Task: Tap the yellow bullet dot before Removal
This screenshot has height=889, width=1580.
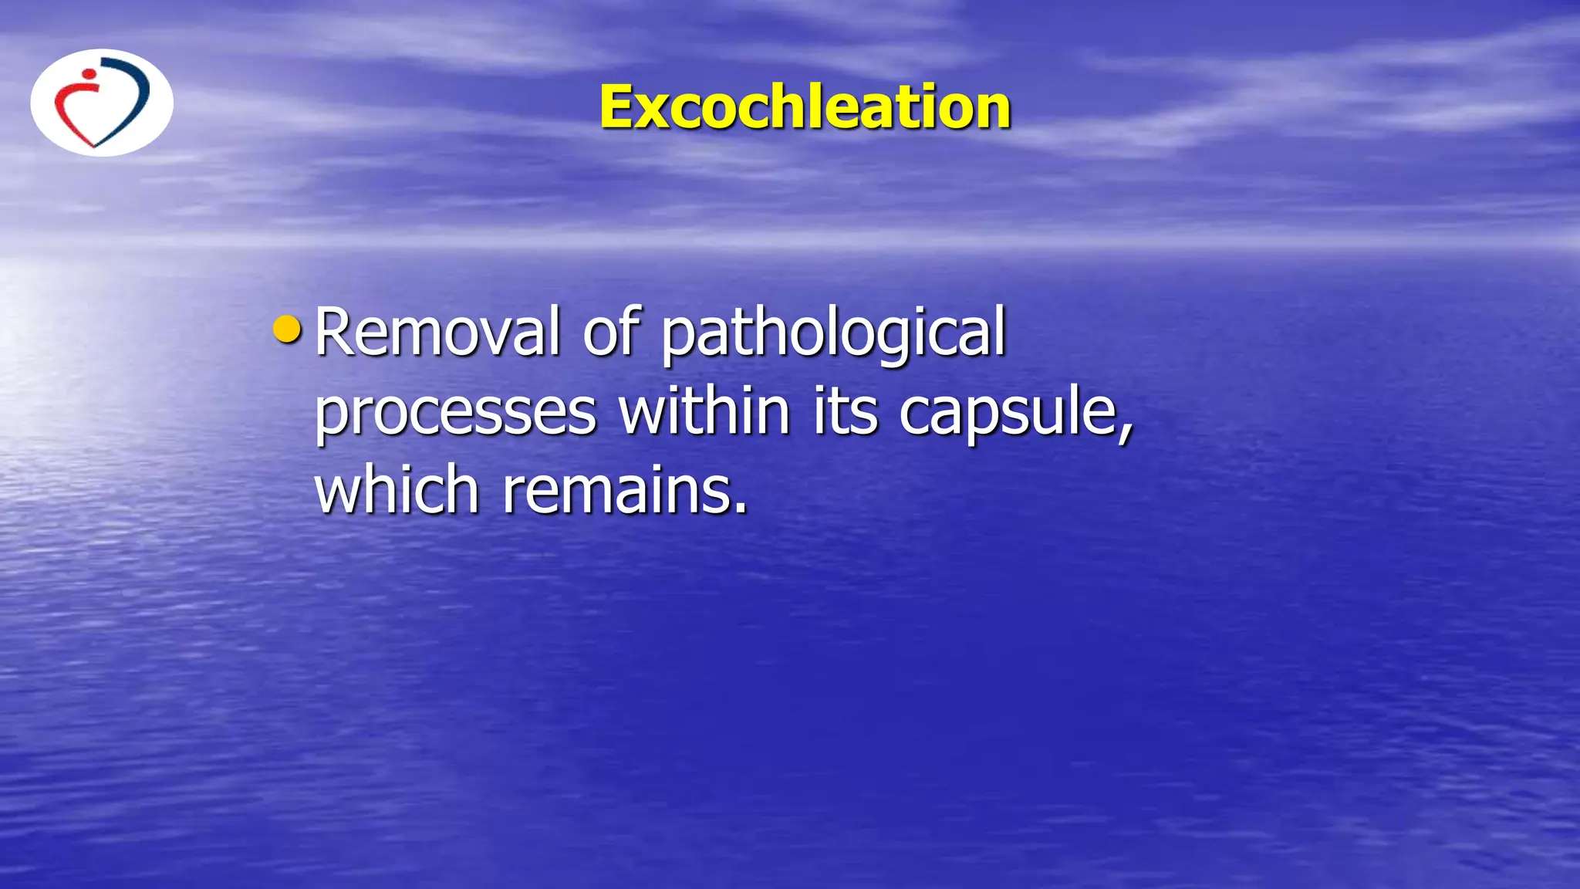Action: pos(287,330)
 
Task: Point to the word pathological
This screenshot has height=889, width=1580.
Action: pos(834,333)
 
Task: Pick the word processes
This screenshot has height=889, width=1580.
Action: pos(455,414)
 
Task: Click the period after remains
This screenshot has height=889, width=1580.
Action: pos(741,509)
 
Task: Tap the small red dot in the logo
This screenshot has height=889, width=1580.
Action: pos(89,74)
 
